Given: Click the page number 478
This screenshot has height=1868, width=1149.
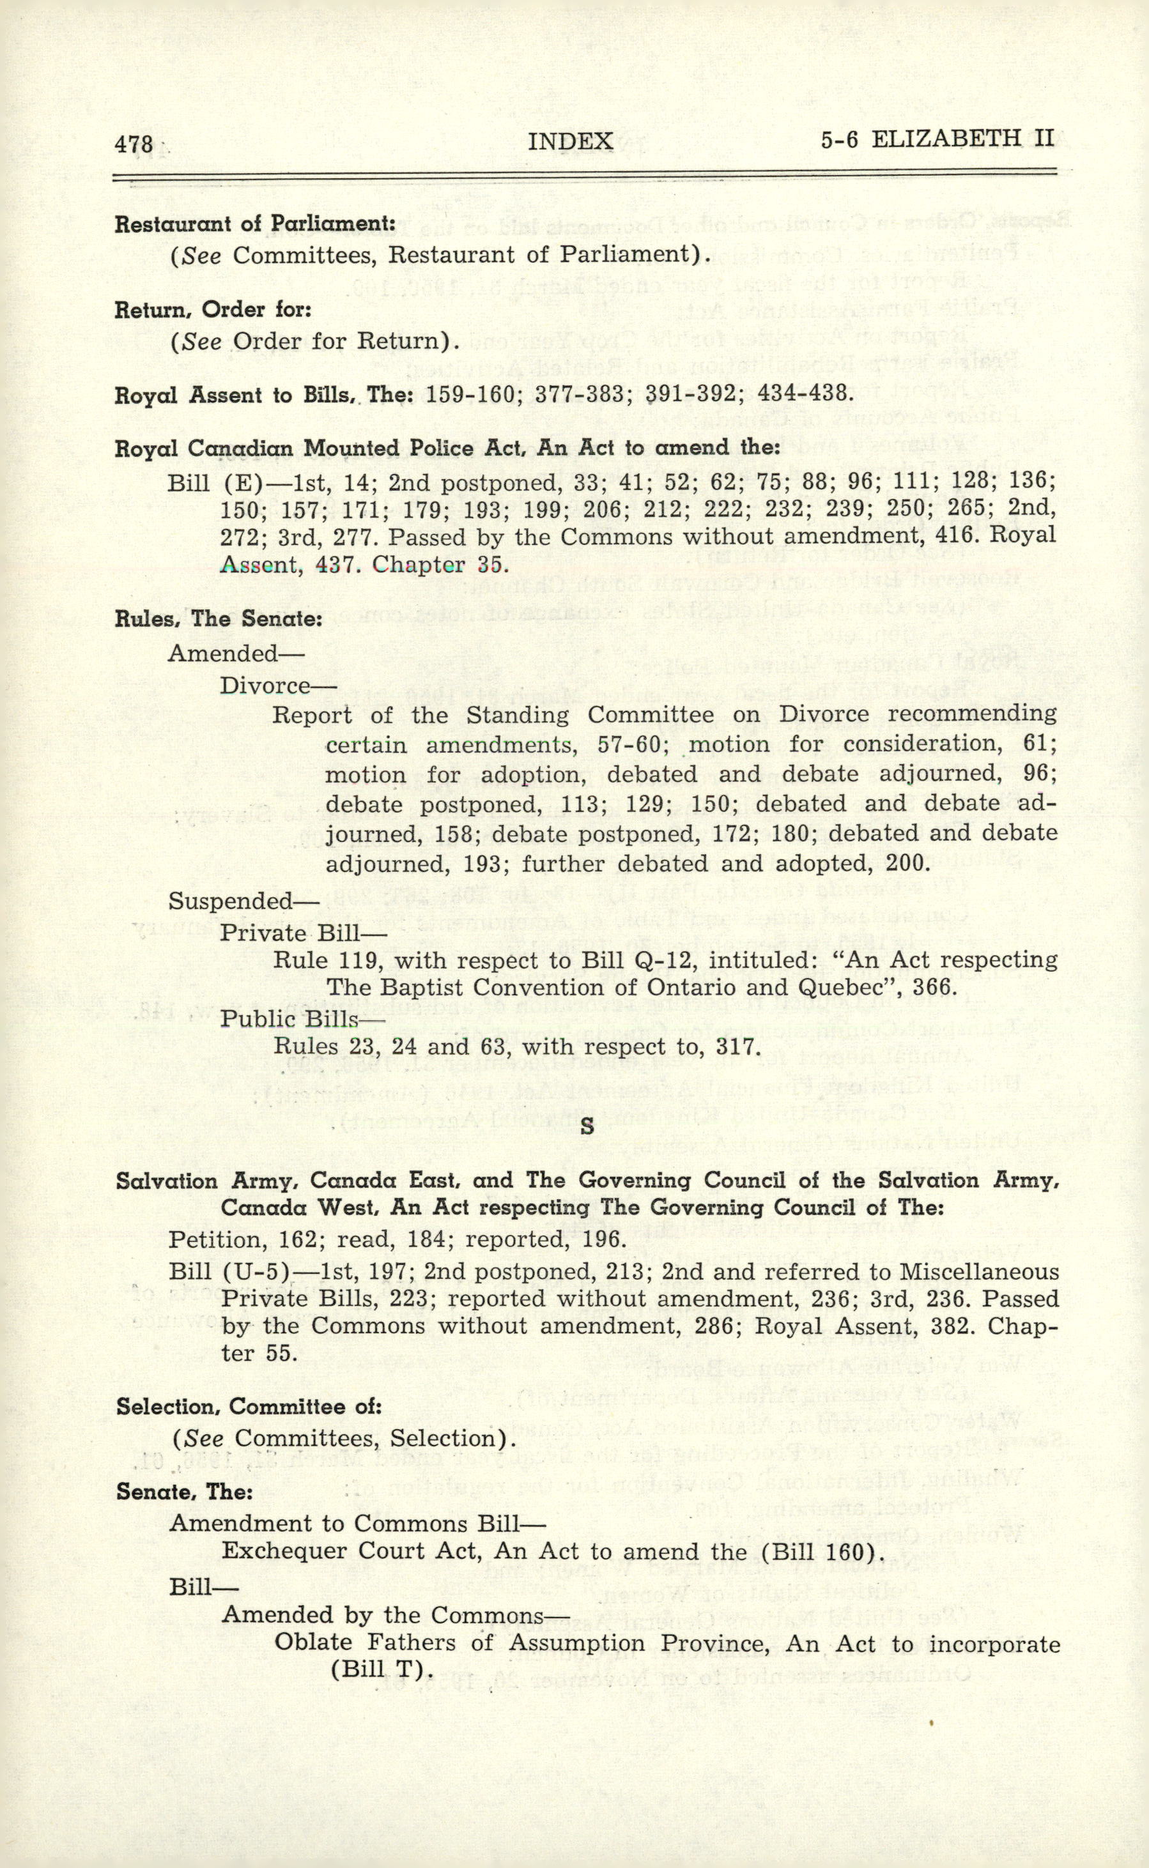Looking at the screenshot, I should [134, 144].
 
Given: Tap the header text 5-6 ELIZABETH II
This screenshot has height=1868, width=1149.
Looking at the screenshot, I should [937, 139].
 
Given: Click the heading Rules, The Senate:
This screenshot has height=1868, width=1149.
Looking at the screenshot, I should [219, 619].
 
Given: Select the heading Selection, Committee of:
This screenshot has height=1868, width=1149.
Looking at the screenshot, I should [249, 1406].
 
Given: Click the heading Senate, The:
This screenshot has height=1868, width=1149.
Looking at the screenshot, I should [185, 1492].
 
